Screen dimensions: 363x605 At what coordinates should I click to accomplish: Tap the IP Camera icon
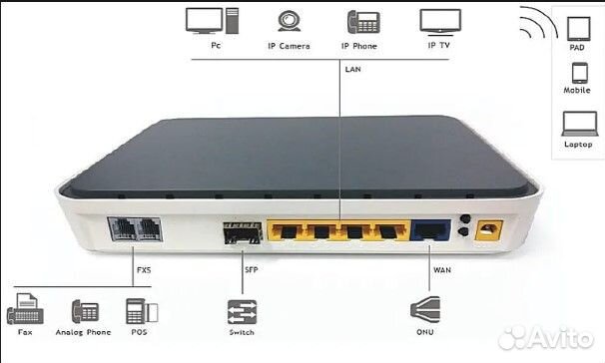click(x=289, y=22)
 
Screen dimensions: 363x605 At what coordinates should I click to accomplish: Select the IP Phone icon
click(x=359, y=22)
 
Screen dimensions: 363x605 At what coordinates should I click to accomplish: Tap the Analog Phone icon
click(x=84, y=312)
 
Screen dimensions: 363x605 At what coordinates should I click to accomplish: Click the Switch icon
click(x=242, y=311)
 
